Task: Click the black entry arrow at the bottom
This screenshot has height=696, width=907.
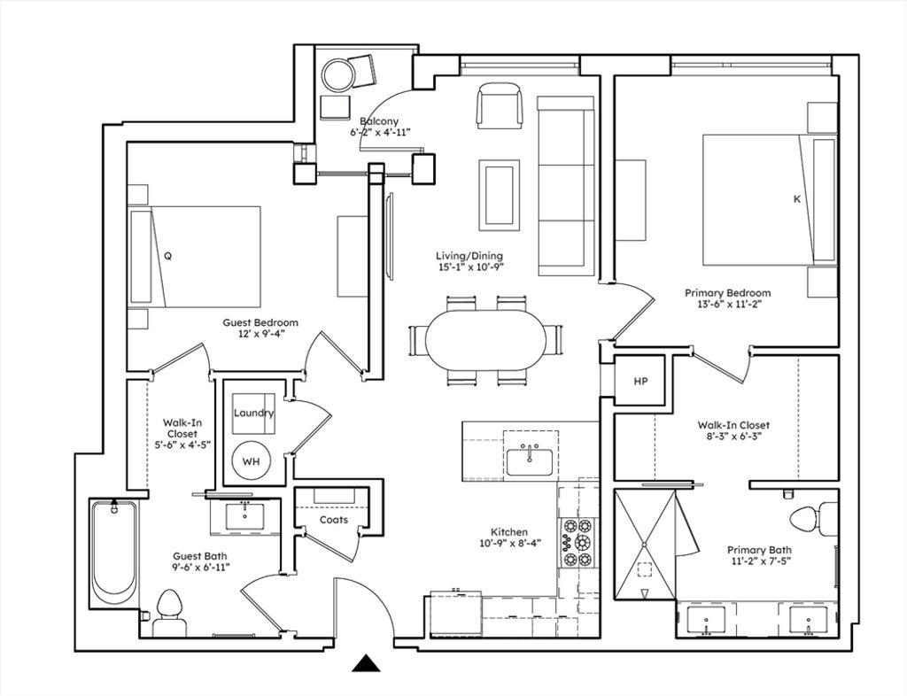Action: pos(366,663)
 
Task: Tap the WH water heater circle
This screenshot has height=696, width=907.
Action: pos(251,461)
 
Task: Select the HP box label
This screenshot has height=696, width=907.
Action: pos(640,382)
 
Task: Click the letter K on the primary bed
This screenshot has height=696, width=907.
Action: pos(797,199)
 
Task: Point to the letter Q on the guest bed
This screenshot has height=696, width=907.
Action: pos(167,256)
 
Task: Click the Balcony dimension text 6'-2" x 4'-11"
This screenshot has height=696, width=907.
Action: pos(380,132)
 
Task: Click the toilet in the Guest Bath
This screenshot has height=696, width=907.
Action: pos(169,613)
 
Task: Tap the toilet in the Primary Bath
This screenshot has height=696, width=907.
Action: pos(813,517)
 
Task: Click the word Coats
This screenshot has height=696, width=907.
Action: pos(334,520)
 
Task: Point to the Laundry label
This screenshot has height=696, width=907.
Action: pos(253,413)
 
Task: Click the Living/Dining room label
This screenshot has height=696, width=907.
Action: pos(469,256)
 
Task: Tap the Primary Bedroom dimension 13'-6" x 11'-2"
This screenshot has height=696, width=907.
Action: pos(728,304)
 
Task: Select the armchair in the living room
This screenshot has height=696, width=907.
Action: pos(499,105)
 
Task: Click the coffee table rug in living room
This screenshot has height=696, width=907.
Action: pos(499,196)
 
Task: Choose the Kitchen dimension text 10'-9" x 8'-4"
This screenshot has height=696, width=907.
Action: pos(509,543)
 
